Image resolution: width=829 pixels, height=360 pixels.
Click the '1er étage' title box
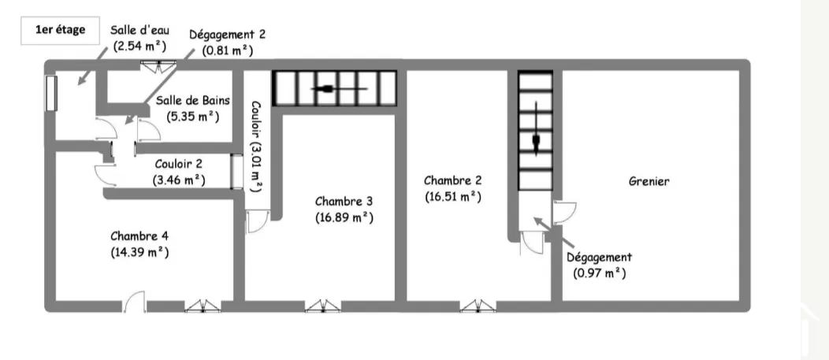[60, 30]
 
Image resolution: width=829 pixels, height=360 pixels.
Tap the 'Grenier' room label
[649, 181]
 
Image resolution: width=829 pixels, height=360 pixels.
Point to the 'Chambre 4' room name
[139, 236]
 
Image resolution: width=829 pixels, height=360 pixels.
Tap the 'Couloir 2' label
[178, 164]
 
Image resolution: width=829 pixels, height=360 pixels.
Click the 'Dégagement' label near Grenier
[599, 257]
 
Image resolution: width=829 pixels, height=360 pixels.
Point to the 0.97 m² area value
[599, 273]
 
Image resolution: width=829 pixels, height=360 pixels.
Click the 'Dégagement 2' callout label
[227, 36]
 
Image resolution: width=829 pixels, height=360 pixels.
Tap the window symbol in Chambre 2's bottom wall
[479, 306]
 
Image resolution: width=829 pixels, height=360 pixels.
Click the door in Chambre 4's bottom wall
[135, 301]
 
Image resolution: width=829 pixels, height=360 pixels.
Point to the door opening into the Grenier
[565, 212]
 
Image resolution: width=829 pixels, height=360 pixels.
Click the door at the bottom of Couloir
[258, 222]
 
